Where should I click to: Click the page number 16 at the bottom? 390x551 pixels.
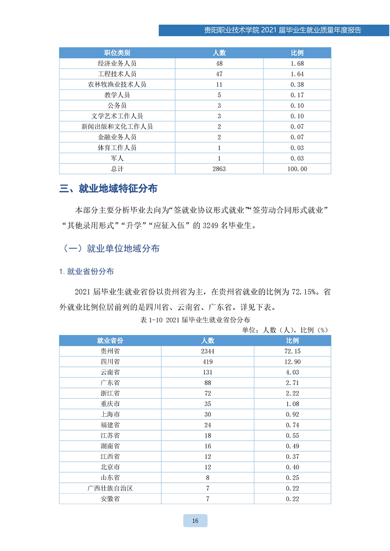[195, 521]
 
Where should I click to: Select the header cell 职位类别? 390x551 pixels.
[117, 53]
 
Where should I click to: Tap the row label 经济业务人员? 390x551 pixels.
[117, 64]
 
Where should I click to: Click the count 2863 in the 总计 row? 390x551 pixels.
[219, 169]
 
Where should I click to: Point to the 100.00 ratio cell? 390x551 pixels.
[297, 169]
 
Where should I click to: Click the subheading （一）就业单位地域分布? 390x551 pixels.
[111, 249]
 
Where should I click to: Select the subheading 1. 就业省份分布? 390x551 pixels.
[86, 272]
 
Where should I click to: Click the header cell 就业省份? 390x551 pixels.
[110, 341]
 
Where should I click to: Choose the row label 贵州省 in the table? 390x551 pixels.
[110, 352]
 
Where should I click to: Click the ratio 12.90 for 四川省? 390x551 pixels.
[292, 362]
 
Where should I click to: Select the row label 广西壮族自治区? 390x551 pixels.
[110, 489]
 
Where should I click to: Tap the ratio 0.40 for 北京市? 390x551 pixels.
[292, 468]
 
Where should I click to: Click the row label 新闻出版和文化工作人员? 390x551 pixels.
[117, 127]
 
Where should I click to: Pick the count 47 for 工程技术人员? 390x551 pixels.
[219, 74]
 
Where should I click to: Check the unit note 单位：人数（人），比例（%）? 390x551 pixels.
[285, 330]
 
